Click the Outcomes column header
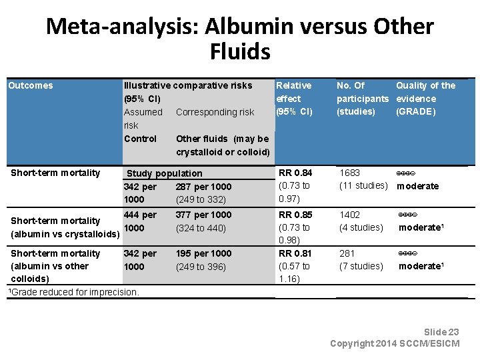[30, 85]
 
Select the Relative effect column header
[294, 98]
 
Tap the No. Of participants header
[362, 98]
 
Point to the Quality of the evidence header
[425, 98]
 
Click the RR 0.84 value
[294, 173]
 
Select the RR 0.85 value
[294, 215]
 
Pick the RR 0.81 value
[294, 253]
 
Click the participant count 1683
[350, 173]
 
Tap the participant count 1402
[350, 215]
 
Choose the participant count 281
[347, 253]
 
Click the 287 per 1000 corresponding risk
[203, 187]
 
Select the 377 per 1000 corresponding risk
[203, 215]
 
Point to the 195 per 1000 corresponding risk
[203, 253]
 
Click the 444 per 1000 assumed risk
[140, 221]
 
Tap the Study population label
[164, 173]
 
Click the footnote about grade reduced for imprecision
[73, 291]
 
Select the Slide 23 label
[441, 332]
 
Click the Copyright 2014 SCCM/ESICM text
[395, 343]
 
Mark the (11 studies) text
[364, 186]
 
